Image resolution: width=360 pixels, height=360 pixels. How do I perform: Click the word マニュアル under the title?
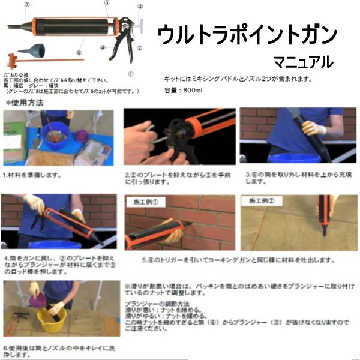tap(303, 61)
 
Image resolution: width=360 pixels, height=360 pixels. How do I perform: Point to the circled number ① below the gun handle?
tap(130, 74)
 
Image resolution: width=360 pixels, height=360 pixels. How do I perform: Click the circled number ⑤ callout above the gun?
tap(106, 3)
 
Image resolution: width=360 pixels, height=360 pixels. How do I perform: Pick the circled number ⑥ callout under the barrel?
tap(78, 52)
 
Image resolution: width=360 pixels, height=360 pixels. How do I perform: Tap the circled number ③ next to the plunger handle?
tap(140, 7)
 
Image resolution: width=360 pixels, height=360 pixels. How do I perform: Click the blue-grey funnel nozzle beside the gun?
tap(33, 50)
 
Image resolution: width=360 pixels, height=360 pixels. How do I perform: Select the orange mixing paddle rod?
tap(42, 61)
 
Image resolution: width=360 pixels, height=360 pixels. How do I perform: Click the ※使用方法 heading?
tap(25, 103)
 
